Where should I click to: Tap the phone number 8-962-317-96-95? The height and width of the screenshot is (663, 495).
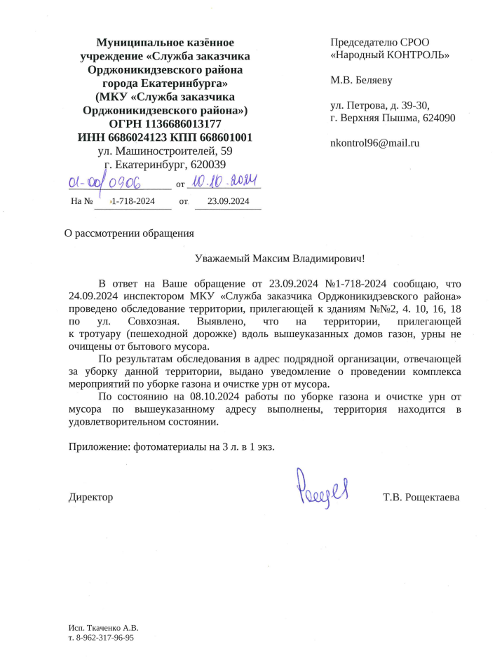coord(104,638)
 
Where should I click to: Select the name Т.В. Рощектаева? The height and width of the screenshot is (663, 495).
coord(421,497)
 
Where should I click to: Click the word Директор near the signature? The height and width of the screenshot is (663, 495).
coord(90,497)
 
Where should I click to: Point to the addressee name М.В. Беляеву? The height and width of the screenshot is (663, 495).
coord(361,80)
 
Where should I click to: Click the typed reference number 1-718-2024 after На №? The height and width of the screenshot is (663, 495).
coord(133,202)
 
